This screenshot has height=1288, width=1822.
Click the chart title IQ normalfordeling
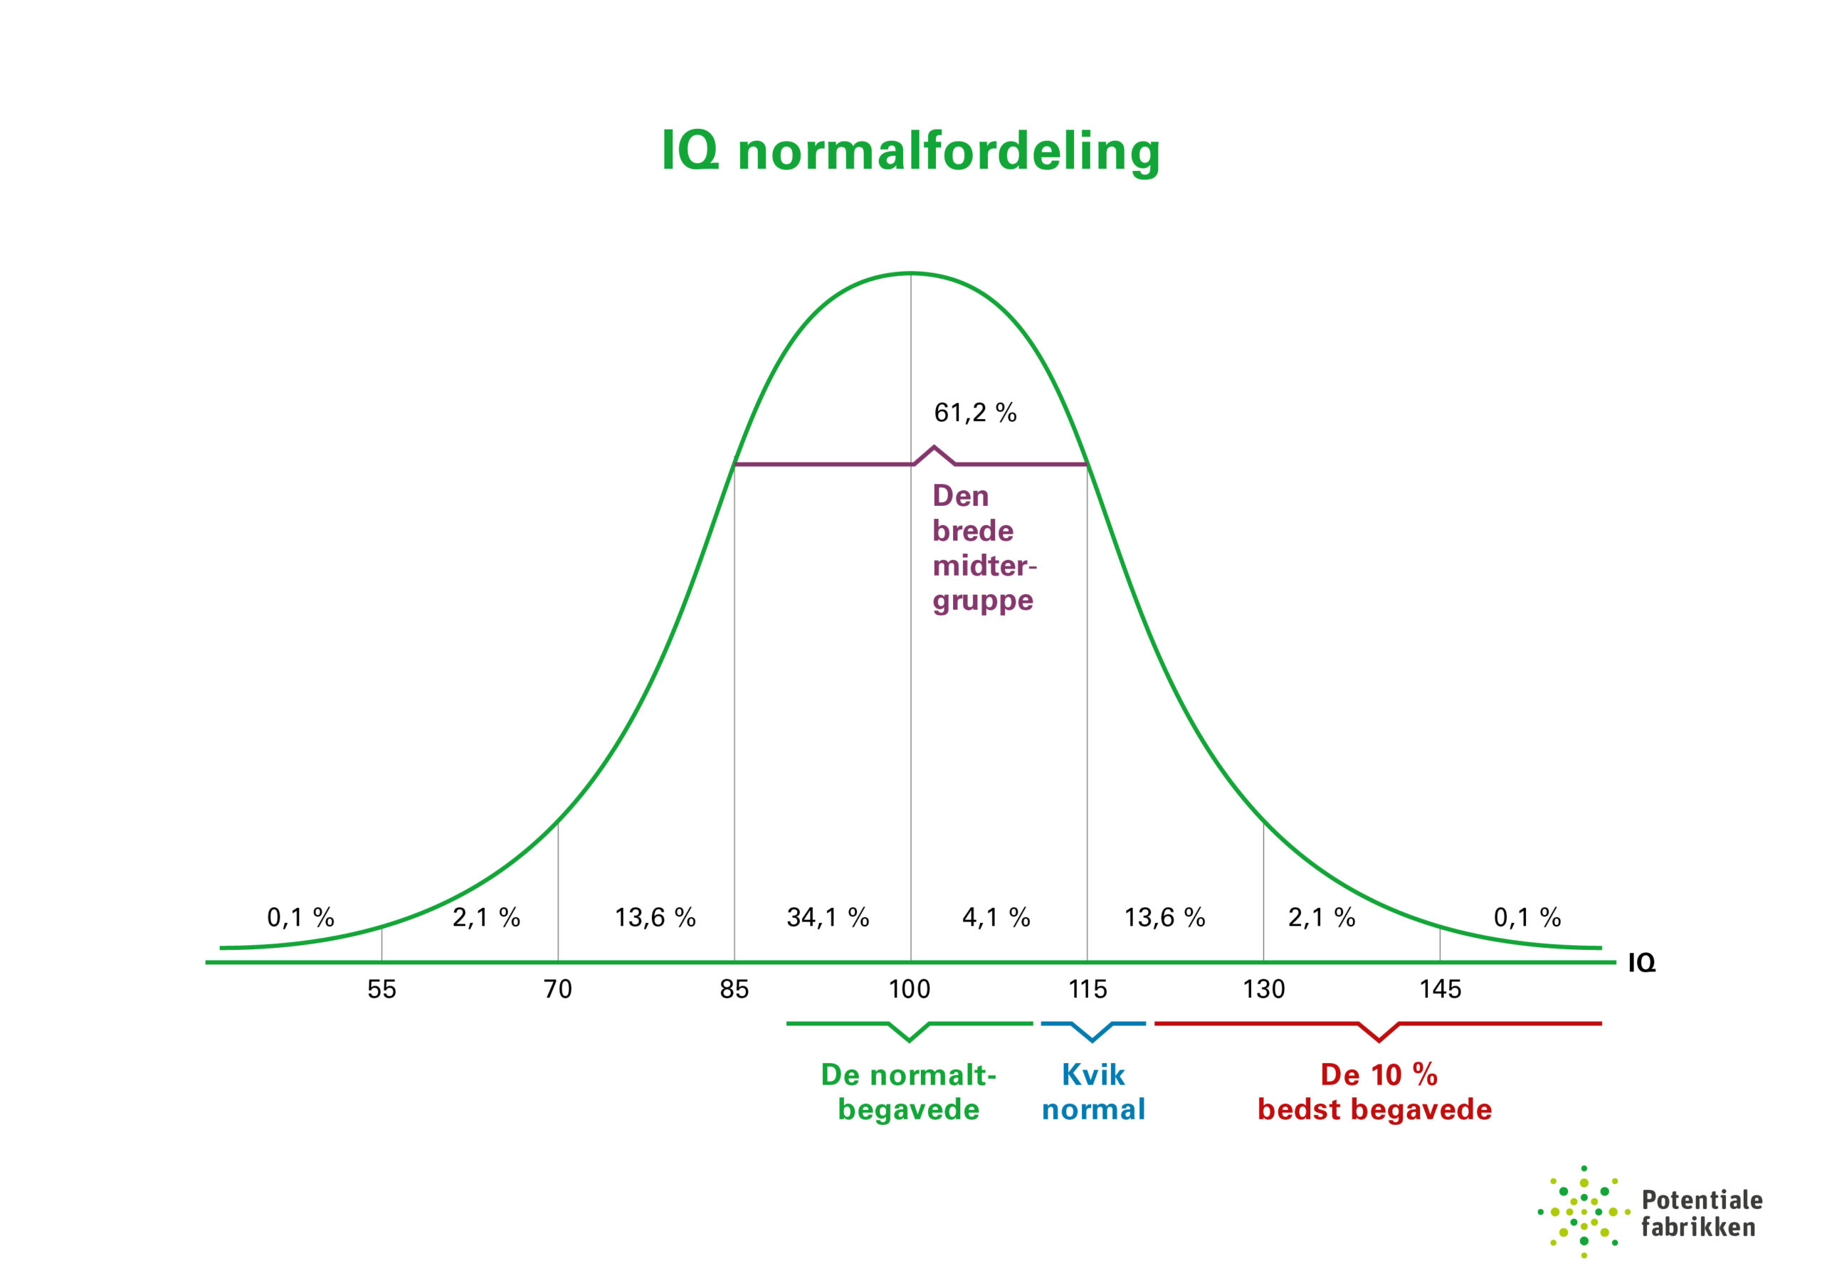click(x=910, y=151)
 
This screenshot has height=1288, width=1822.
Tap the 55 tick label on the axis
click(x=381, y=989)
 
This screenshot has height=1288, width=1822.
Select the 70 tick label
click(x=558, y=989)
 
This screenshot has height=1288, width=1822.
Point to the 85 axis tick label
click(x=734, y=989)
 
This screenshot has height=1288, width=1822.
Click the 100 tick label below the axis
click(x=910, y=989)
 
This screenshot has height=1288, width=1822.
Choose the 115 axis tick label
click(x=1088, y=989)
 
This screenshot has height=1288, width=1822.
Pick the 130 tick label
click(x=1263, y=989)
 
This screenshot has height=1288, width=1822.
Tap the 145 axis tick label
click(x=1440, y=989)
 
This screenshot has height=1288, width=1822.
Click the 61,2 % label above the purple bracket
click(x=974, y=413)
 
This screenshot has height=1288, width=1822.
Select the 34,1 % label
click(x=828, y=917)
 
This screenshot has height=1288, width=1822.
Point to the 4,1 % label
click(x=996, y=917)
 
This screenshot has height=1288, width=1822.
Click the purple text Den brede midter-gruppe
click(x=983, y=548)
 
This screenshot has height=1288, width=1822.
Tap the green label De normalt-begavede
click(x=909, y=1092)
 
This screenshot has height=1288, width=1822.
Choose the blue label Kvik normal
click(x=1093, y=1092)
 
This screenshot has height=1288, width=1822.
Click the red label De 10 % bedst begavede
click(x=1374, y=1092)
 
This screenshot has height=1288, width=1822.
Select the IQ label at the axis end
click(x=1642, y=964)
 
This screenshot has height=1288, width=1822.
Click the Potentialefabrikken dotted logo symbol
click(x=1584, y=1213)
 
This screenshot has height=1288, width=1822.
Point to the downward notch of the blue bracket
click(x=1092, y=1040)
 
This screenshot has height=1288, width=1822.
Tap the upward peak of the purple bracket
click(x=934, y=448)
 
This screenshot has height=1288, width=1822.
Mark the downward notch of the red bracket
click(x=1379, y=1040)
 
